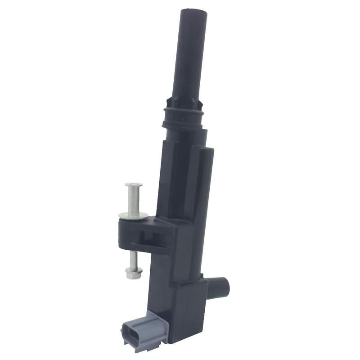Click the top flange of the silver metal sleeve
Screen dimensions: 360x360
pyautogui.click(x=134, y=184)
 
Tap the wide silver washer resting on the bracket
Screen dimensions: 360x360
pyautogui.click(x=134, y=216)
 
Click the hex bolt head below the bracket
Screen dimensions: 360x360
pyautogui.click(x=134, y=272)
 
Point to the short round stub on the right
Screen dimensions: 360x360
pyautogui.click(x=220, y=283)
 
